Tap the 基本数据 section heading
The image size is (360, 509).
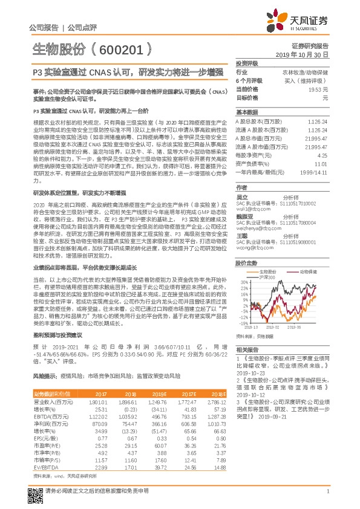pos(246,112)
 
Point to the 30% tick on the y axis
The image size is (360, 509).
pos(241,282)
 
